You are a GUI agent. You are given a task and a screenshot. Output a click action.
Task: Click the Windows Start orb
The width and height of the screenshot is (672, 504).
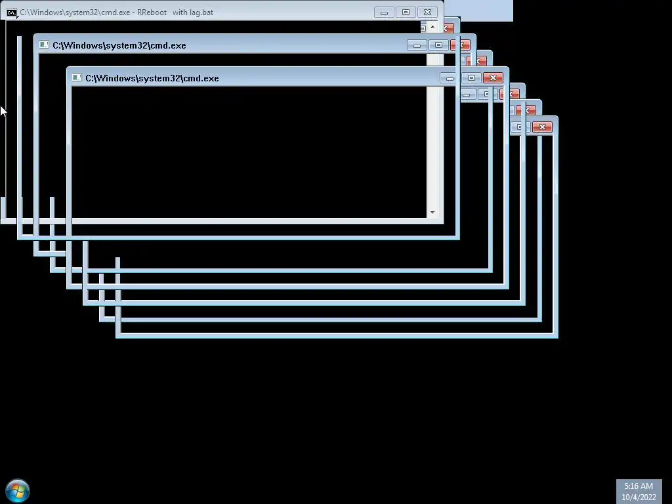point(18,490)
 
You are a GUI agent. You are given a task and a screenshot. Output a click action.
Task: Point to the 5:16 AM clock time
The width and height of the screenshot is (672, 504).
point(638,486)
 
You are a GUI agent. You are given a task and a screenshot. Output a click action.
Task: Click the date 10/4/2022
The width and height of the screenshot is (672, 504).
point(639,497)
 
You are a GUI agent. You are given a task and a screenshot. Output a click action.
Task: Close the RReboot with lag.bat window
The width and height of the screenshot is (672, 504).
point(427,12)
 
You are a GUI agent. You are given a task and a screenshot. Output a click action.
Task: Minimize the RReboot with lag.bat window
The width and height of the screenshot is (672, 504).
point(384,12)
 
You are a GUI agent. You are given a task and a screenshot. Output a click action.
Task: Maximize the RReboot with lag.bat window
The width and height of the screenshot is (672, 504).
point(406,12)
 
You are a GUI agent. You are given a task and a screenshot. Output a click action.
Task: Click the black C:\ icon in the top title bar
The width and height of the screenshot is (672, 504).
point(12,12)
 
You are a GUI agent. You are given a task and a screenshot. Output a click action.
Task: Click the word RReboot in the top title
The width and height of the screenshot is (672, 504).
point(152,12)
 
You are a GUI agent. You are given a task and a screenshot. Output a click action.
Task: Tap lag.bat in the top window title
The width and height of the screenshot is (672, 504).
point(201,12)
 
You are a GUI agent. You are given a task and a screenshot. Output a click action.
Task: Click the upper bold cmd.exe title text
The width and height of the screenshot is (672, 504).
point(119,45)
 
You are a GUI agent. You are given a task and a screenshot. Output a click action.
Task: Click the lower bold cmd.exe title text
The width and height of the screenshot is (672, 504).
point(152,78)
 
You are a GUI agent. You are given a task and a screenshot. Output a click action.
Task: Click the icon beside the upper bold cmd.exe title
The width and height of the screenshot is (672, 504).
point(44,45)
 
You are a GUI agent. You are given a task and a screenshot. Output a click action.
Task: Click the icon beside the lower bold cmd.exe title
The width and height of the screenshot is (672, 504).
point(77,78)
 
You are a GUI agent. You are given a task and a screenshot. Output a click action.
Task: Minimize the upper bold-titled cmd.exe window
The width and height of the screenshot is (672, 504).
point(417,45)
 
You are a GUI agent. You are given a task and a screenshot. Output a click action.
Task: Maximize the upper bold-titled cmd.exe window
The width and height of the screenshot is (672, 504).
point(438,45)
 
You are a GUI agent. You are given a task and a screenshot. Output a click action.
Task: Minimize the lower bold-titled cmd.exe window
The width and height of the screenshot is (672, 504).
point(450,78)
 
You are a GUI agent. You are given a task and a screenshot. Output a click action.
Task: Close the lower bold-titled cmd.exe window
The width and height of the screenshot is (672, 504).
point(493,78)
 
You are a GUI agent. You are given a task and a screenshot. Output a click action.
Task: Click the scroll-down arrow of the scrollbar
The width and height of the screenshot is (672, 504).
point(432,213)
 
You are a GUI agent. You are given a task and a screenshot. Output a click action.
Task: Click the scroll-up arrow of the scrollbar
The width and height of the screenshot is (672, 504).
point(432,28)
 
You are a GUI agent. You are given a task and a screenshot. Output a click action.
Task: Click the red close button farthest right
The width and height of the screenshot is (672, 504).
point(542,127)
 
